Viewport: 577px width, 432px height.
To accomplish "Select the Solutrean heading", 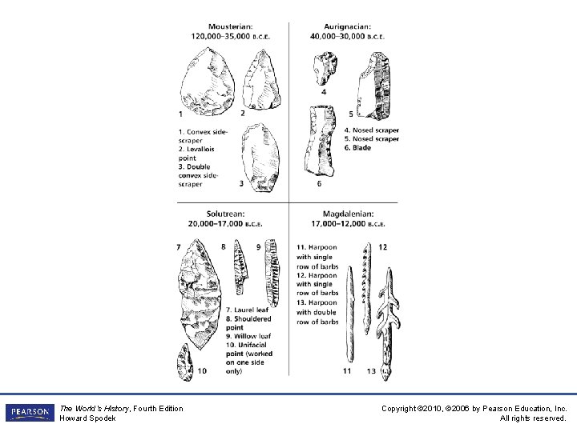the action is pyautogui.click(x=226, y=214).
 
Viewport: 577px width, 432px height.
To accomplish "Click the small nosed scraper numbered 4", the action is pyautogui.click(x=325, y=68).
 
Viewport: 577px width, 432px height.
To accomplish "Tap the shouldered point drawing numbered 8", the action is pyautogui.click(x=238, y=268).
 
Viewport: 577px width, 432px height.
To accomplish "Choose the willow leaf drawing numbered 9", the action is pyautogui.click(x=272, y=272).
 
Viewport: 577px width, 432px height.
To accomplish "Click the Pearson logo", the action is pyautogui.click(x=28, y=413).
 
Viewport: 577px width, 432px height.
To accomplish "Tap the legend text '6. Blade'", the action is pyautogui.click(x=357, y=148).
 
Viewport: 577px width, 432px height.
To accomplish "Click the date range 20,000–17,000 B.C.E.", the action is pyautogui.click(x=226, y=223).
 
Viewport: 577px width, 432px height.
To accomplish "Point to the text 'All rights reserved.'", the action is pyautogui.click(x=533, y=418).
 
